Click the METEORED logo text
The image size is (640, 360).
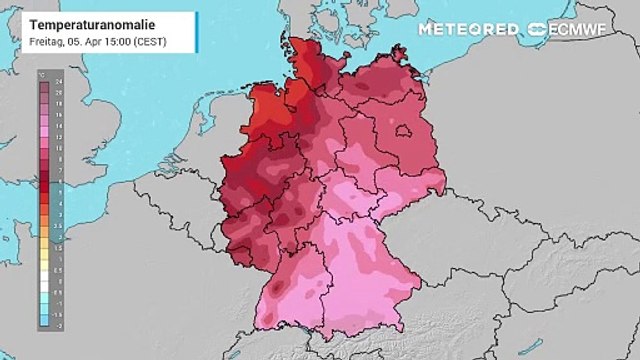(469, 29)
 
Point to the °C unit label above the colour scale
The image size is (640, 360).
(41, 75)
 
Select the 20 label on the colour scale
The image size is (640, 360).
(58, 92)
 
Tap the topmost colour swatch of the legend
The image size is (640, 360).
(44, 84)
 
